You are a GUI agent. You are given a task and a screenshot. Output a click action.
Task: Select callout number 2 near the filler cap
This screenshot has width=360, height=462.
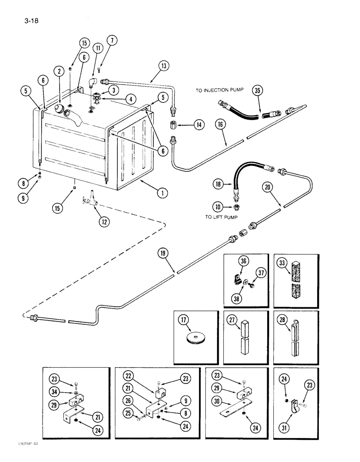coord(59,71)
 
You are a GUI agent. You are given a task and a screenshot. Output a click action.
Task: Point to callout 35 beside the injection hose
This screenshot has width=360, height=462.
coord(256,91)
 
